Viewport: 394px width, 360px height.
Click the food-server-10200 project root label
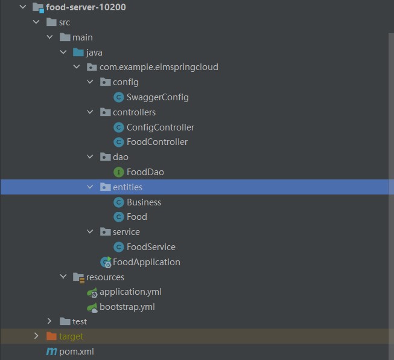(x=86, y=8)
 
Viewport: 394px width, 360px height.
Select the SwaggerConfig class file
(x=157, y=97)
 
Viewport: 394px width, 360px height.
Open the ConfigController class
(x=160, y=127)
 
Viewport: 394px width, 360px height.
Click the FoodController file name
(x=157, y=142)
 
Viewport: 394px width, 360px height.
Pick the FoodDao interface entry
(x=145, y=172)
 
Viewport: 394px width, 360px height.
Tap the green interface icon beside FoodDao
(x=119, y=172)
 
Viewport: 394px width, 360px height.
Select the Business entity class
(x=144, y=202)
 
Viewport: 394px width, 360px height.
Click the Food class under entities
(x=136, y=217)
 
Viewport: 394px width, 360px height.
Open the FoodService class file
(x=151, y=247)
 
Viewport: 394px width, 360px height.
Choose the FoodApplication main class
(x=146, y=262)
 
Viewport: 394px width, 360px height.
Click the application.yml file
(x=130, y=292)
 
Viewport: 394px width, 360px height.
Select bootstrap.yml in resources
(x=127, y=307)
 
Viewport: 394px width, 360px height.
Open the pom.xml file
(x=76, y=352)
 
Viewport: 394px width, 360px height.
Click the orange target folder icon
(x=51, y=336)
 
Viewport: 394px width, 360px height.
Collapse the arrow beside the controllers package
(x=90, y=112)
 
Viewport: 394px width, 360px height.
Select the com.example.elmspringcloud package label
(x=159, y=67)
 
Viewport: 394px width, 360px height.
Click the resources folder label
(x=105, y=277)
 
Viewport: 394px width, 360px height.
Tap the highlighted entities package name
(x=127, y=187)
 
